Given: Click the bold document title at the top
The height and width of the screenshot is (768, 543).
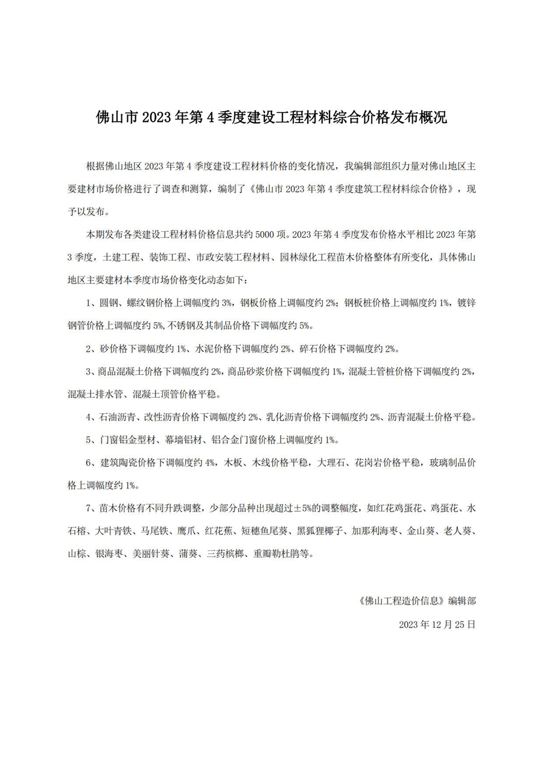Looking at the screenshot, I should point(271,117).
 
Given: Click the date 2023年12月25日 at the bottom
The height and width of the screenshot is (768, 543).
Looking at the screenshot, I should point(437,624).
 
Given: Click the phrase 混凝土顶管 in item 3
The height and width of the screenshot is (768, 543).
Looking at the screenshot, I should point(154,395).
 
